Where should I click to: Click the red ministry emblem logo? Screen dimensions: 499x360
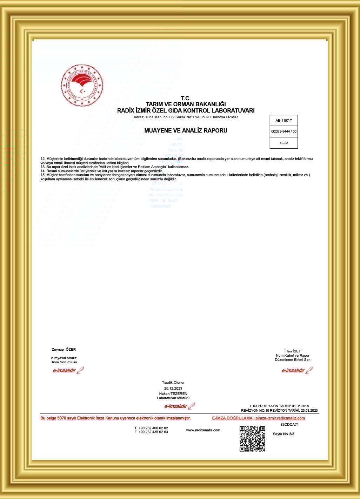tap(82, 86)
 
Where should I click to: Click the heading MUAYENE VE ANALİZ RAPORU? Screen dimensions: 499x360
tap(186, 130)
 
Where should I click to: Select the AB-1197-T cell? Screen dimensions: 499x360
tap(284, 120)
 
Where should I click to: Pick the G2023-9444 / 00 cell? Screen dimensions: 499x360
tap(284, 132)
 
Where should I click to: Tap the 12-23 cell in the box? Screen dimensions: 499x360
tap(284, 143)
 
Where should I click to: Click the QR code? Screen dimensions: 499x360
tap(252, 439)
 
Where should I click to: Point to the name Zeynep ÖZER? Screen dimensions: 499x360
tap(64, 349)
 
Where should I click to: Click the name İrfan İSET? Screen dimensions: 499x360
tap(293, 351)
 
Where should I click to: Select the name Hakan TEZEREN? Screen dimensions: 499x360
tap(173, 393)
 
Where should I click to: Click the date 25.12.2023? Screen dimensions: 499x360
tap(173, 388)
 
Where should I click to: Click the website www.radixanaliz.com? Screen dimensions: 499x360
tap(203, 430)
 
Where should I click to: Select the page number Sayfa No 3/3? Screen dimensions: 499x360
tap(284, 434)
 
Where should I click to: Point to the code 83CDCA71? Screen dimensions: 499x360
tap(289, 424)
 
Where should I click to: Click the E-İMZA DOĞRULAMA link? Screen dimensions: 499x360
tap(258, 418)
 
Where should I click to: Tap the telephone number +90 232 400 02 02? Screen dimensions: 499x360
tap(151, 428)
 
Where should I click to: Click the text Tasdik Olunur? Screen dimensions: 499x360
tap(173, 382)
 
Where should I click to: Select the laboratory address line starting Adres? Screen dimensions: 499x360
tap(186, 117)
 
